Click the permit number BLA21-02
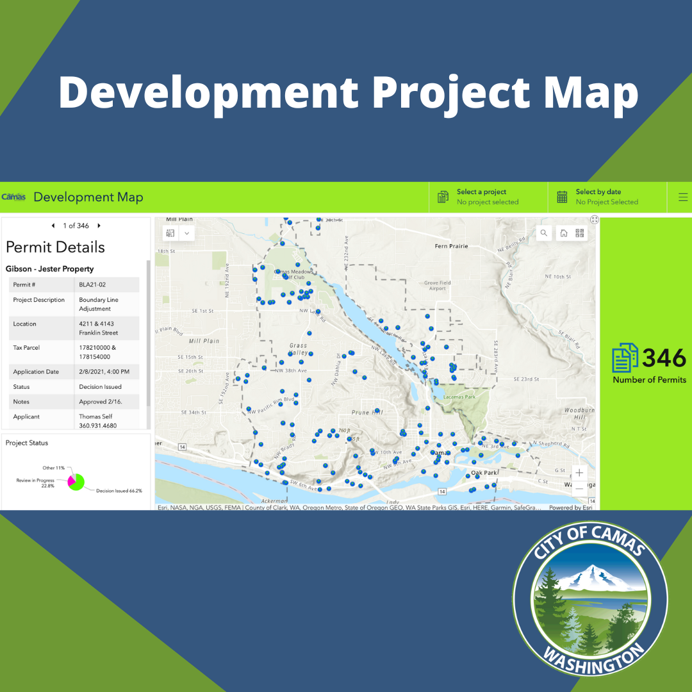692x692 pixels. click(92, 284)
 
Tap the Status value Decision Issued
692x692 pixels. click(100, 387)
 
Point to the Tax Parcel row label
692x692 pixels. click(26, 348)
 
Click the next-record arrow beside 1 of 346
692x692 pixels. click(99, 226)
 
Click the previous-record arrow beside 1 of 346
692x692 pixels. click(53, 226)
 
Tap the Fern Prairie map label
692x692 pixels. click(451, 246)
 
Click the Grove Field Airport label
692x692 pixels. click(437, 286)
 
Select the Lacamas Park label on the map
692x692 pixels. click(460, 397)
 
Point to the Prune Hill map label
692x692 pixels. click(366, 413)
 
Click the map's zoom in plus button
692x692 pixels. click(579, 473)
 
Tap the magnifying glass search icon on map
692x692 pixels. click(544, 233)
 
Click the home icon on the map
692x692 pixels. click(563, 233)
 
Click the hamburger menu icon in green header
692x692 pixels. click(683, 197)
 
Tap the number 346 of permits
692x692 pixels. click(664, 358)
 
